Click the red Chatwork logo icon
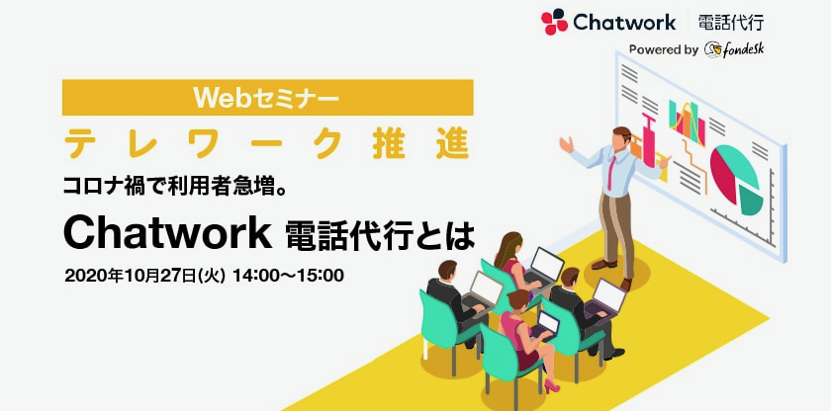click(x=554, y=22)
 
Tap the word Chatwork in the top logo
click(x=624, y=23)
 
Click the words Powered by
click(x=664, y=50)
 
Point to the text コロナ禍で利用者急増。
click(x=174, y=187)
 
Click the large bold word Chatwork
click(x=167, y=234)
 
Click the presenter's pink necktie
click(x=612, y=171)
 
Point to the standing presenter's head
click(x=621, y=138)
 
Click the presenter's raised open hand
click(x=566, y=143)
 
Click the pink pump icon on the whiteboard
click(x=647, y=137)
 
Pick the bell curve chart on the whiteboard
click(x=687, y=123)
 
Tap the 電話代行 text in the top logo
click(x=731, y=23)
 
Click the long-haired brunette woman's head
click(x=507, y=243)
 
